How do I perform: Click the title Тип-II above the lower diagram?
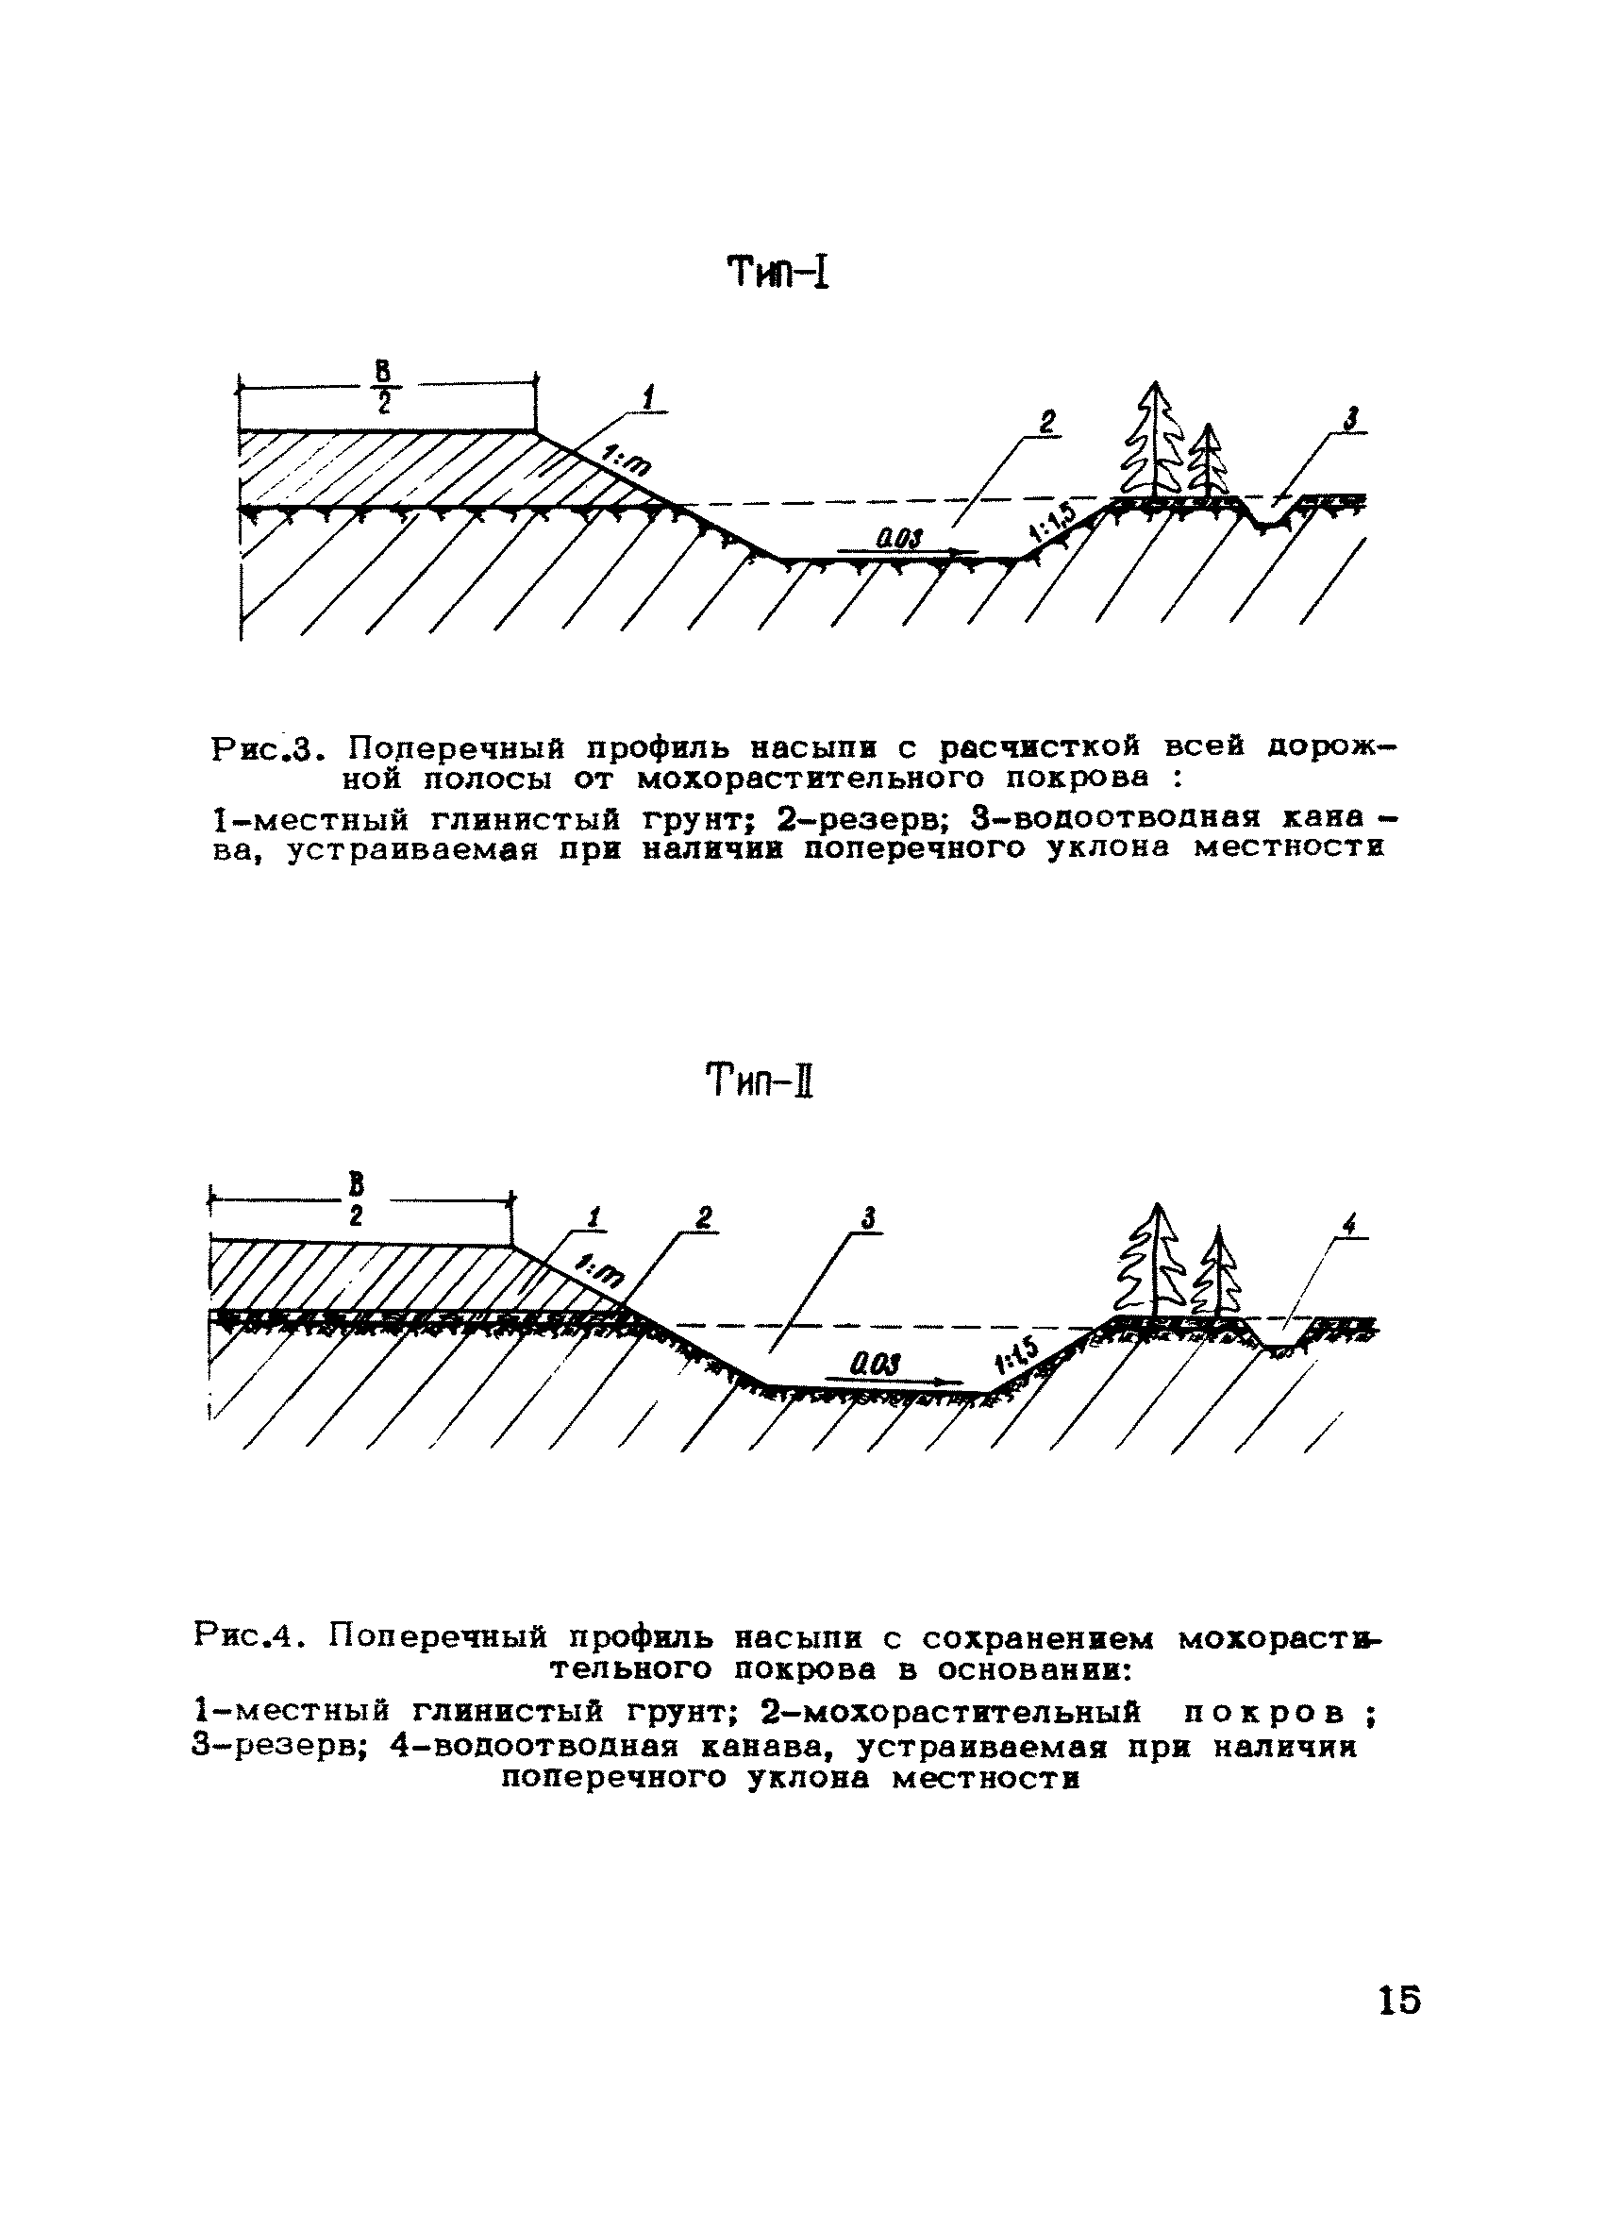coord(761,1084)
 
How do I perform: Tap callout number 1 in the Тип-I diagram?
coord(647,398)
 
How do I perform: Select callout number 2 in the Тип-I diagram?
coord(1047,423)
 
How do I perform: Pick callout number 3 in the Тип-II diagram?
coord(868,1219)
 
